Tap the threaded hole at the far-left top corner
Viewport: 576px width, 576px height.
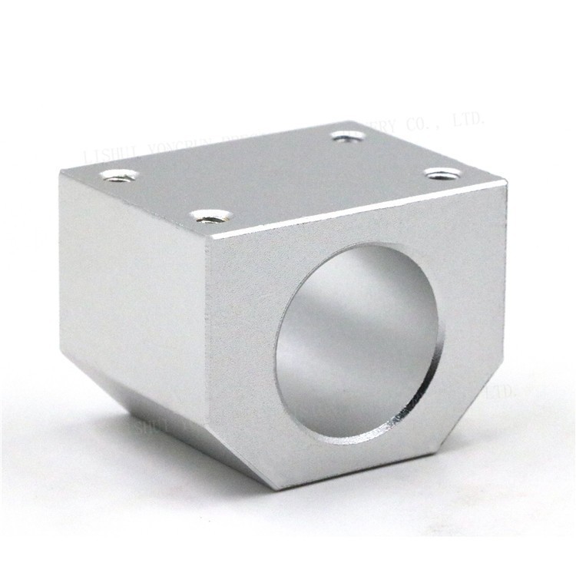coord(119,176)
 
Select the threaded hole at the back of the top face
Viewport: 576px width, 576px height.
coord(349,137)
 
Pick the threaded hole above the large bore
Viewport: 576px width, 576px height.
coord(444,174)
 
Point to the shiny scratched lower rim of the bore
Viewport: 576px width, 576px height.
coord(399,419)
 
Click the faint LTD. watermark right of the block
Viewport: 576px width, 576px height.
coord(503,392)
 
